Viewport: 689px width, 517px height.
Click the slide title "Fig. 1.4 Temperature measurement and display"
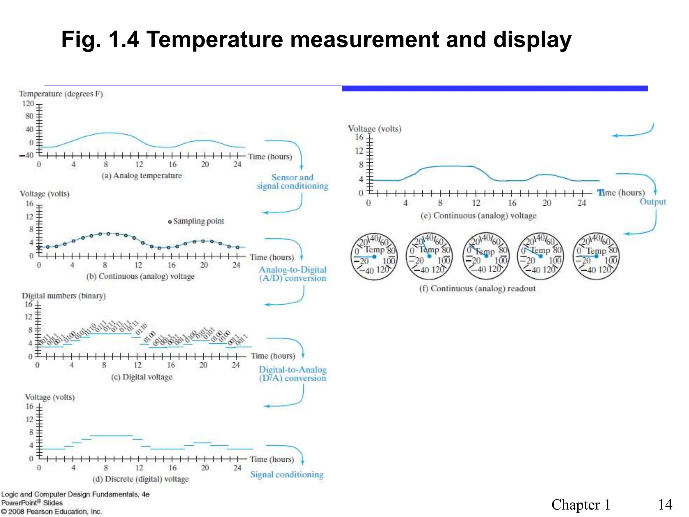click(316, 40)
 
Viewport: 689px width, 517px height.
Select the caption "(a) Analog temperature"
click(142, 176)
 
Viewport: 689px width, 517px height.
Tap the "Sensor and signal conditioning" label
click(292, 182)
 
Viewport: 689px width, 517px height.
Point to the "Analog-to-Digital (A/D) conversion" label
click(292, 274)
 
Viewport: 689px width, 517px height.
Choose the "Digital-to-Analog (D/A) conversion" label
click(292, 374)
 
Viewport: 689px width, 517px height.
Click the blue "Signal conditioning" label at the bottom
click(287, 475)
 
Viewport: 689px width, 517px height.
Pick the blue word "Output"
click(653, 202)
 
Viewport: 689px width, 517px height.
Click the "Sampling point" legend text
click(198, 221)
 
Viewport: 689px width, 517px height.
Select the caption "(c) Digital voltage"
click(142, 377)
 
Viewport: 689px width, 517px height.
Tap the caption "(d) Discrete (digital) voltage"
click(141, 479)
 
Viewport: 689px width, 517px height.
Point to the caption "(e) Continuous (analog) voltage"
click(478, 216)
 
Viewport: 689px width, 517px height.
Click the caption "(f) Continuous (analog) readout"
click(477, 288)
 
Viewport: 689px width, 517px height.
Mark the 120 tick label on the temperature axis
click(28, 103)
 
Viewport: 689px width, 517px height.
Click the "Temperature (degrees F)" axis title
click(61, 94)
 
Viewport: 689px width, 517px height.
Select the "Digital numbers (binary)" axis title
click(64, 296)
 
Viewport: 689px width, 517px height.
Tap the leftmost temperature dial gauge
click(374, 256)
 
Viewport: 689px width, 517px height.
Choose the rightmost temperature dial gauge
click(596, 256)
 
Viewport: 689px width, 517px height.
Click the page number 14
click(665, 505)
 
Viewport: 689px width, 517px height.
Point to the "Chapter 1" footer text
click(581, 505)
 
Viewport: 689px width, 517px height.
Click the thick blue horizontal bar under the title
click(495, 89)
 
